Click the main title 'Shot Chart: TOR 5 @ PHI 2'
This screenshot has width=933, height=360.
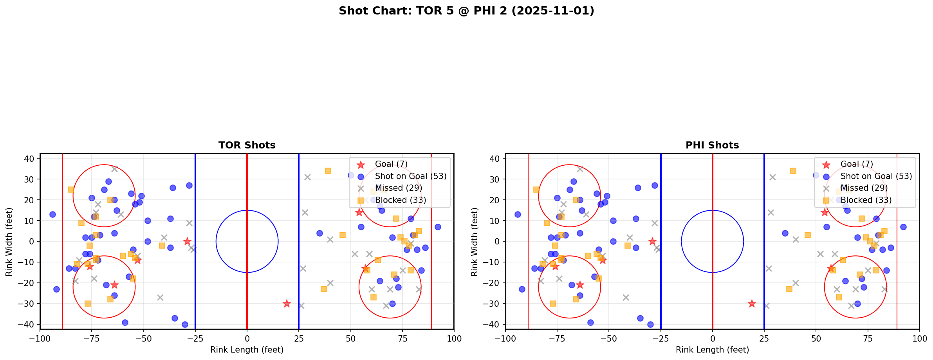(x=466, y=11)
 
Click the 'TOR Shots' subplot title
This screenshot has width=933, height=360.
(x=247, y=145)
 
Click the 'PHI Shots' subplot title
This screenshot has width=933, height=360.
(x=712, y=145)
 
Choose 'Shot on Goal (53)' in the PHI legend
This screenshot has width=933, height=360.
(x=876, y=176)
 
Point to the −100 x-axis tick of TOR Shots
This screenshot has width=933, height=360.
(x=40, y=338)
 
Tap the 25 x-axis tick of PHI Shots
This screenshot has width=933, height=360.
(x=764, y=338)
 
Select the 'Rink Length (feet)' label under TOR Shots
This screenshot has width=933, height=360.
(x=247, y=350)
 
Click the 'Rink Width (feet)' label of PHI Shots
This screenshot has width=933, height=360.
(x=475, y=242)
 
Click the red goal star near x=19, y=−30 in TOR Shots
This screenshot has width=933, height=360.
(x=287, y=304)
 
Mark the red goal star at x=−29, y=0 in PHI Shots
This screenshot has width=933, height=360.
(x=652, y=241)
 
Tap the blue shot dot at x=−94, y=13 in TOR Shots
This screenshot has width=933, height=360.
(x=52, y=214)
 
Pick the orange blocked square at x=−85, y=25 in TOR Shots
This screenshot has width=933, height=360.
(x=71, y=190)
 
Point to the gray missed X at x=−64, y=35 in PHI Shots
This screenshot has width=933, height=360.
(x=580, y=169)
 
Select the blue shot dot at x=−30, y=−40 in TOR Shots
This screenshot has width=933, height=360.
(x=185, y=324)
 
